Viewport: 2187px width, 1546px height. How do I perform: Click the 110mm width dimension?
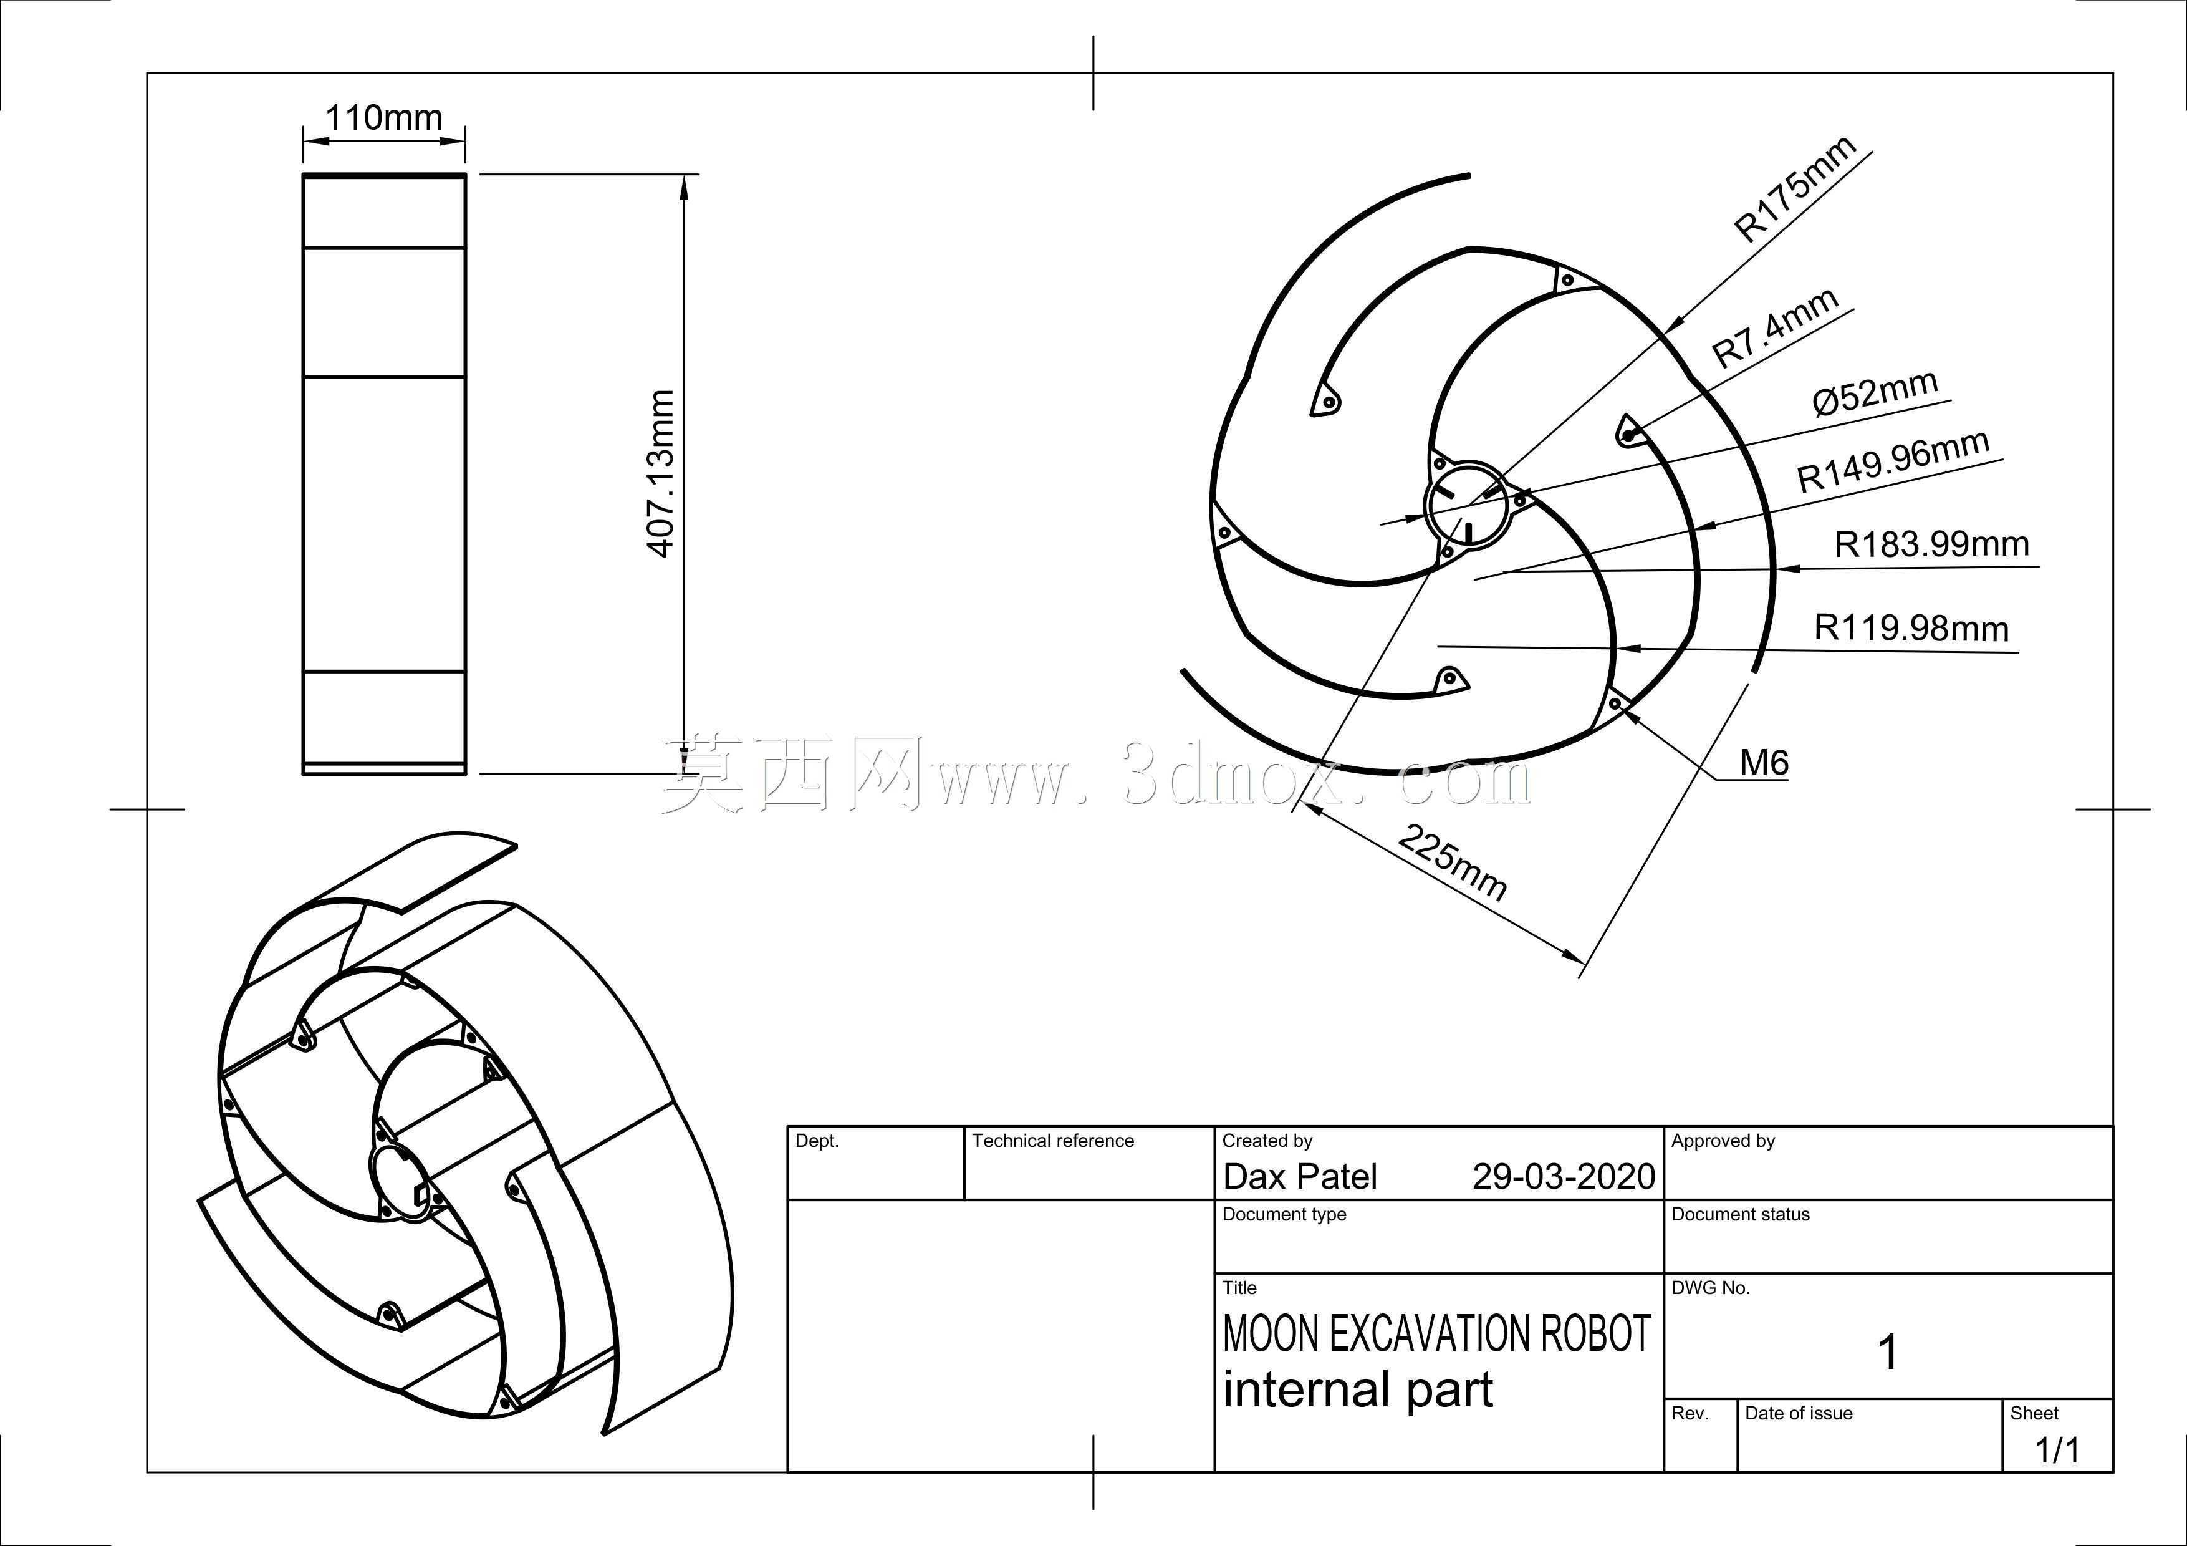pos(384,117)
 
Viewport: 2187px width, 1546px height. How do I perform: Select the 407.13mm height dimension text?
pos(660,473)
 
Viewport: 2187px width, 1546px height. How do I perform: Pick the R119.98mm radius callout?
pos(1911,628)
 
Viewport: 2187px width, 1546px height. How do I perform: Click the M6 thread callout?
pos(1764,762)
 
